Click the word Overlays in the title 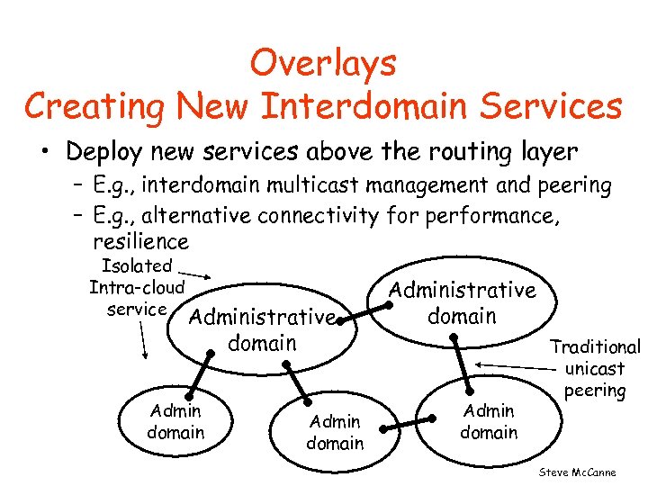pyautogui.click(x=323, y=64)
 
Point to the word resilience pyautogui.click(x=140, y=242)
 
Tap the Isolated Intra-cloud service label pyautogui.click(x=137, y=287)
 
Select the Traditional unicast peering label pyautogui.click(x=594, y=368)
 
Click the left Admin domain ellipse pyautogui.click(x=175, y=421)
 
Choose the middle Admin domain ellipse pyautogui.click(x=334, y=431)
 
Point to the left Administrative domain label pyautogui.click(x=262, y=329)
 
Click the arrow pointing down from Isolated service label pyautogui.click(x=143, y=338)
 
